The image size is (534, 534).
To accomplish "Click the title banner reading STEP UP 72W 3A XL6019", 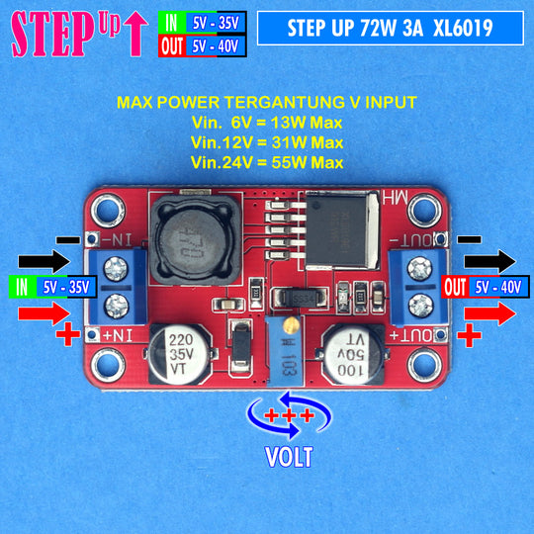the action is [391, 28].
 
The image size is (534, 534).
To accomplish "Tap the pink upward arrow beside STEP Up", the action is [135, 34].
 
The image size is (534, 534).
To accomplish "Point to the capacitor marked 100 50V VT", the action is [352, 355].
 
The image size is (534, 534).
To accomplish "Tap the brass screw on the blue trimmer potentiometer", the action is [289, 326].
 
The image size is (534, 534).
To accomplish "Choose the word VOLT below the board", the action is [289, 457].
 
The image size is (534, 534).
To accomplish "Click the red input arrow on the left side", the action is [44, 313].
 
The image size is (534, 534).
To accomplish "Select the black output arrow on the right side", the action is [490, 261].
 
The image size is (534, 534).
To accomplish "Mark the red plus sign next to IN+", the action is [68, 334].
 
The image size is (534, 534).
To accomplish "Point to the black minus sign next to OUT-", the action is [469, 239].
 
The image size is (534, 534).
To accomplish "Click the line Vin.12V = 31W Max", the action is [267, 142].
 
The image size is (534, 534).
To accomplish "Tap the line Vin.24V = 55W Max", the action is [267, 162].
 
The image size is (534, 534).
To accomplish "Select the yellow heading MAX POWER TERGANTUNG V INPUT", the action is [267, 102].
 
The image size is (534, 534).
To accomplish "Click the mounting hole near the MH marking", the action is [424, 210].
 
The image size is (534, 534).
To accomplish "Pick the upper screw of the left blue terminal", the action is [116, 269].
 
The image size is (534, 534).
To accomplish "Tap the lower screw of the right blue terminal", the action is [420, 306].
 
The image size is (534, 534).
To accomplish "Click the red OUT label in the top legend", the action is [172, 46].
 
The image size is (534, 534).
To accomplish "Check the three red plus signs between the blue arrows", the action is [289, 415].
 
